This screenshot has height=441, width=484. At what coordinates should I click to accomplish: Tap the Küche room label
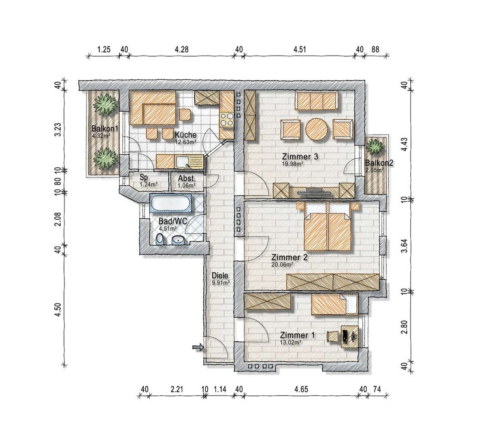186,135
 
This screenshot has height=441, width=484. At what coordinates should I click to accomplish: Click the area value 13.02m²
290,342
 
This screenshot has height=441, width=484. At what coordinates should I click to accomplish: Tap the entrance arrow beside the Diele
198,347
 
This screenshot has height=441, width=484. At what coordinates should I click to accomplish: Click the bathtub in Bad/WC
171,204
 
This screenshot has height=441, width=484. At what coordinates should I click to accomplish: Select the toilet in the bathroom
160,239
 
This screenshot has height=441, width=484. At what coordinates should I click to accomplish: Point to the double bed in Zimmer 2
327,226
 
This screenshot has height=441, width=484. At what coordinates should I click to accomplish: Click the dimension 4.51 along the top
300,49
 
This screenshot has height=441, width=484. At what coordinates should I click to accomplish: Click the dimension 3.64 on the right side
405,245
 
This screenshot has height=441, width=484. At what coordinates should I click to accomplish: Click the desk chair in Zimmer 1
332,336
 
